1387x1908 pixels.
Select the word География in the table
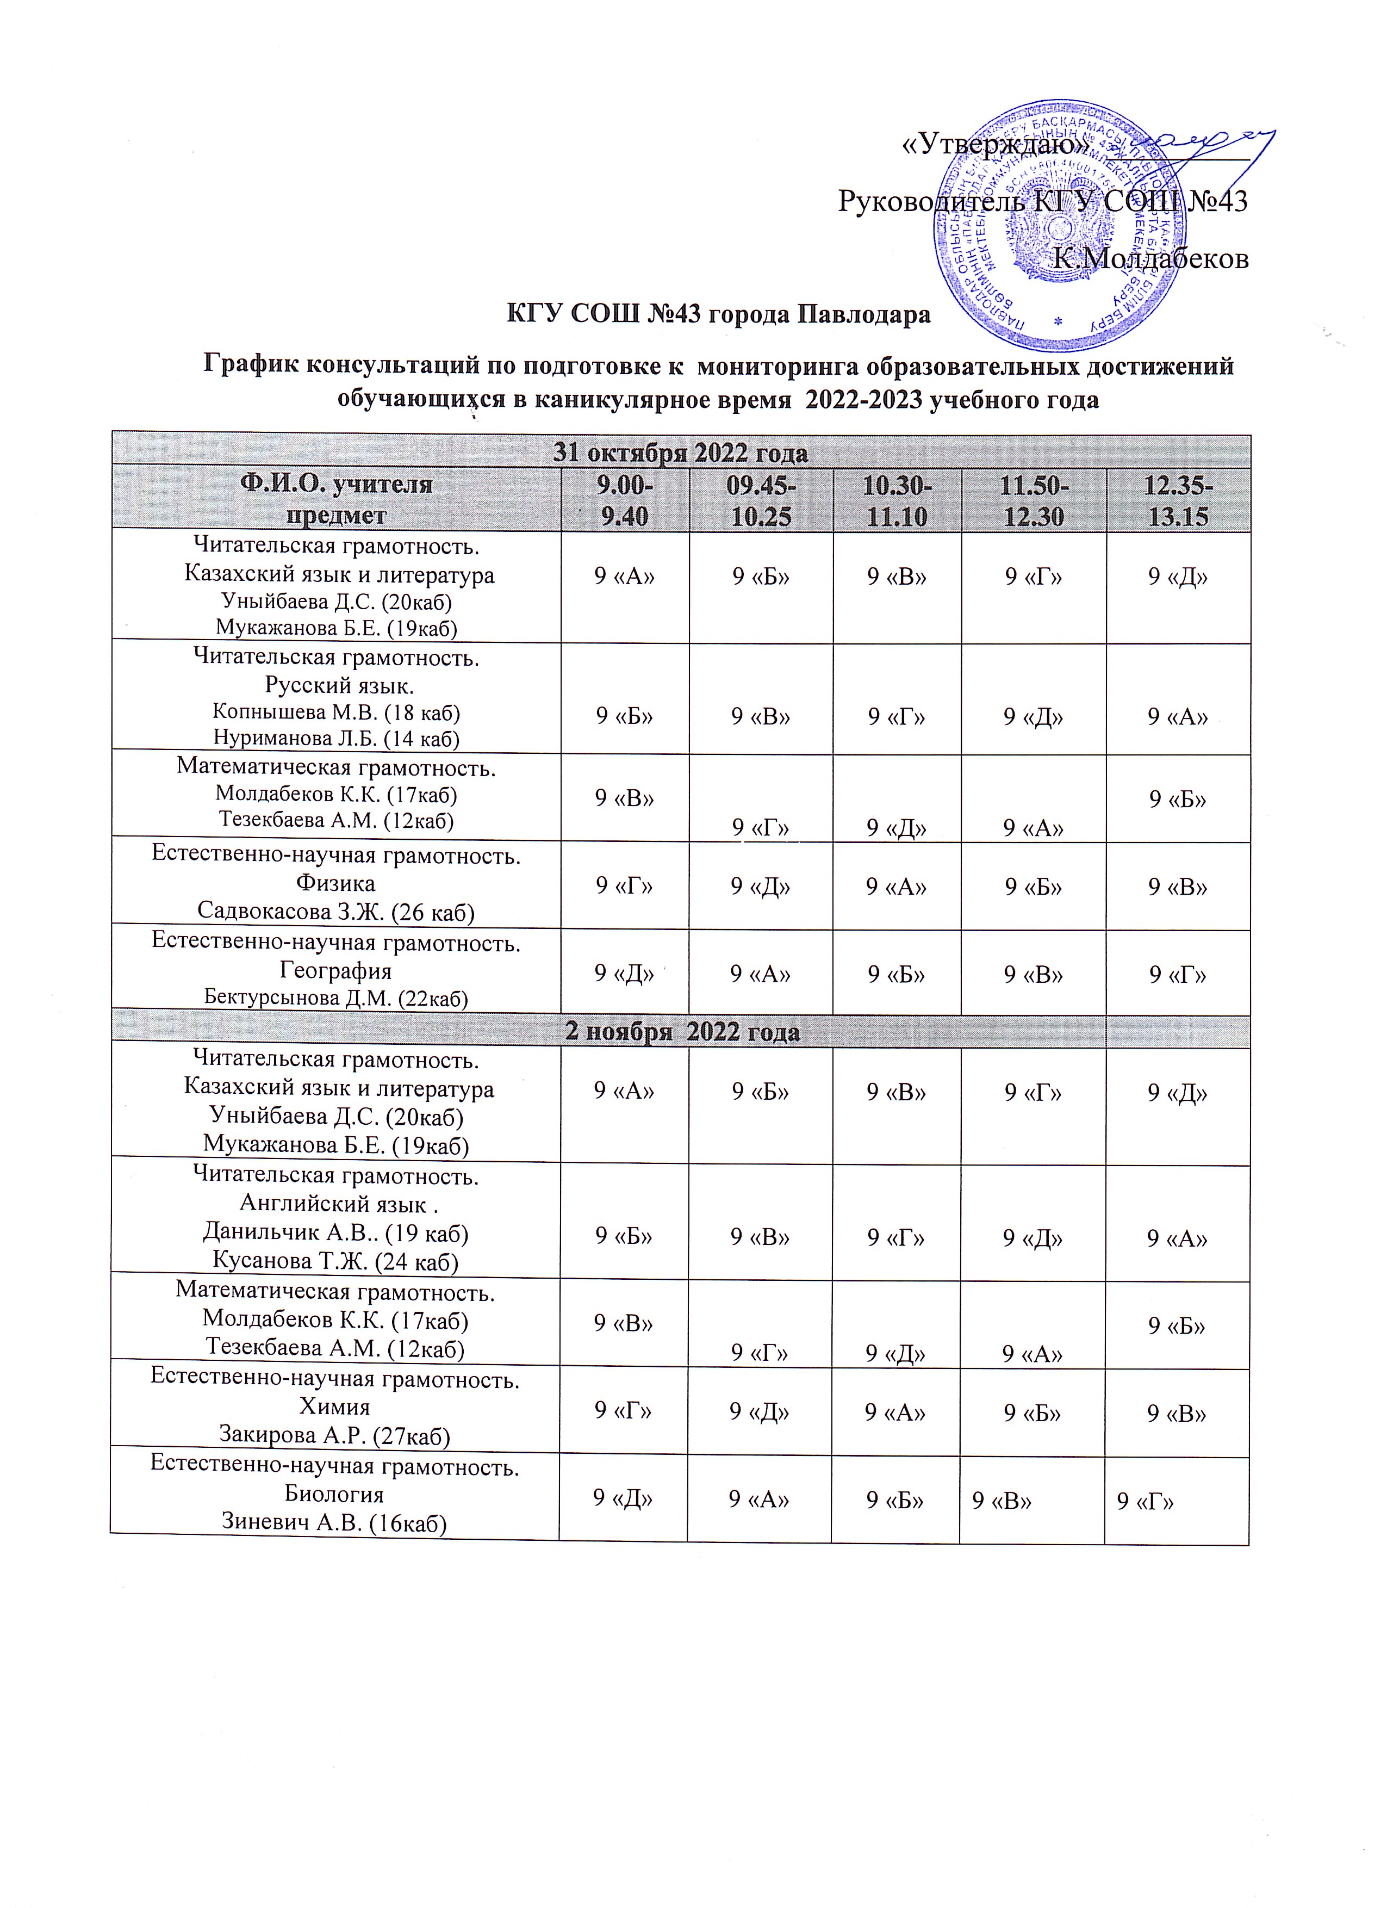[335, 971]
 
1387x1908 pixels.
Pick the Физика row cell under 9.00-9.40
[624, 885]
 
